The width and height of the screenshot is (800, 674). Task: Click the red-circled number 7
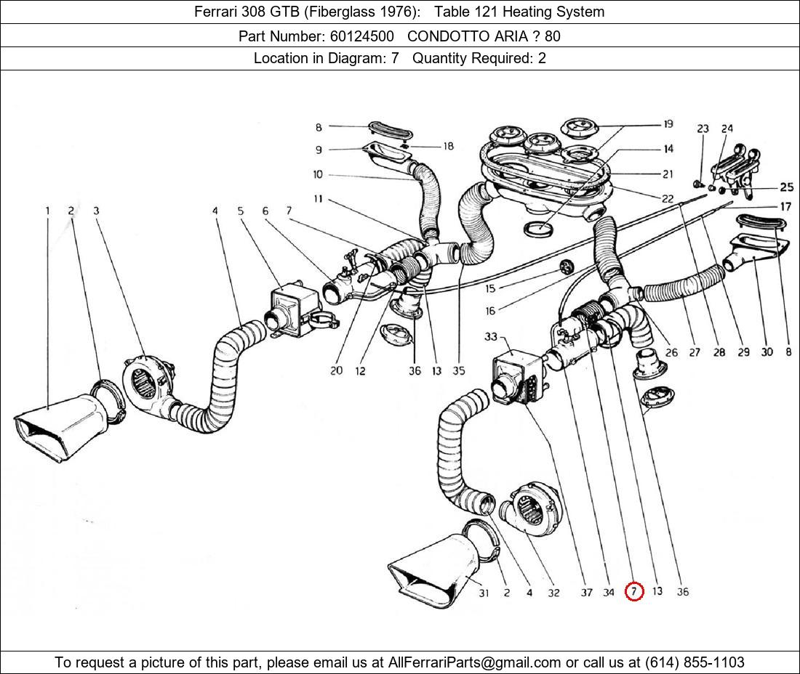pos(634,592)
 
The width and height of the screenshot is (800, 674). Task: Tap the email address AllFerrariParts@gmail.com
pos(475,662)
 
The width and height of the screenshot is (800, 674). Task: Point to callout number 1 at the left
pos(48,211)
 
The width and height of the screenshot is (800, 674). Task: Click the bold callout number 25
pos(786,187)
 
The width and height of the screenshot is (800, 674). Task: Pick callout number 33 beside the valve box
pos(490,337)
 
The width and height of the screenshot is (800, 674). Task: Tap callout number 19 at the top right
pos(667,125)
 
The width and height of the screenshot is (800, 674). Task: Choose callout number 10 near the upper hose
pos(318,175)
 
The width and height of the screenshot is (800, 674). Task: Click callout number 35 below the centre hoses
pos(458,370)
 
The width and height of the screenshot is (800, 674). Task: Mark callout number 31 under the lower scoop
pos(484,593)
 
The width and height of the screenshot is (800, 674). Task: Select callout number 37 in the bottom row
pos(586,593)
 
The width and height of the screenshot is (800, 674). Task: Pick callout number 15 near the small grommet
pos(490,289)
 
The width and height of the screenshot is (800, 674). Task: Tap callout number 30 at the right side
pos(767,352)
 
